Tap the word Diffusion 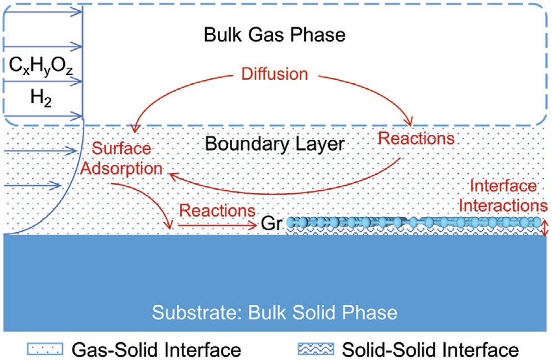pyautogui.click(x=274, y=74)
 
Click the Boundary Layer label pyautogui.click(x=275, y=144)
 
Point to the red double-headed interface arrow pyautogui.click(x=545, y=227)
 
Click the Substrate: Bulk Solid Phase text pyautogui.click(x=275, y=312)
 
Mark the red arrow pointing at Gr pyautogui.click(x=216, y=225)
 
